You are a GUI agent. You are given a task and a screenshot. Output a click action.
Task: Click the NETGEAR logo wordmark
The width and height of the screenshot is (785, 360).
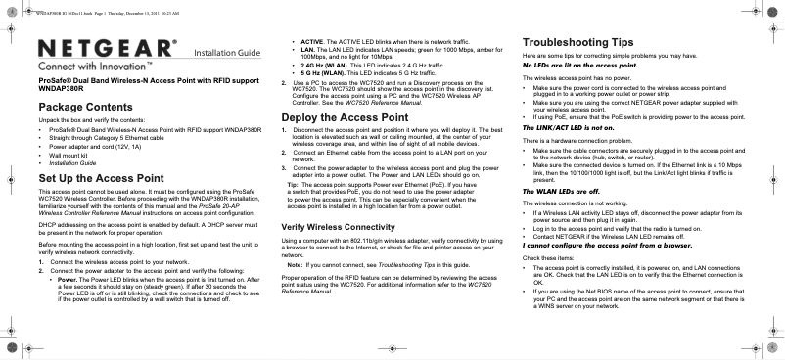tap(108, 48)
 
